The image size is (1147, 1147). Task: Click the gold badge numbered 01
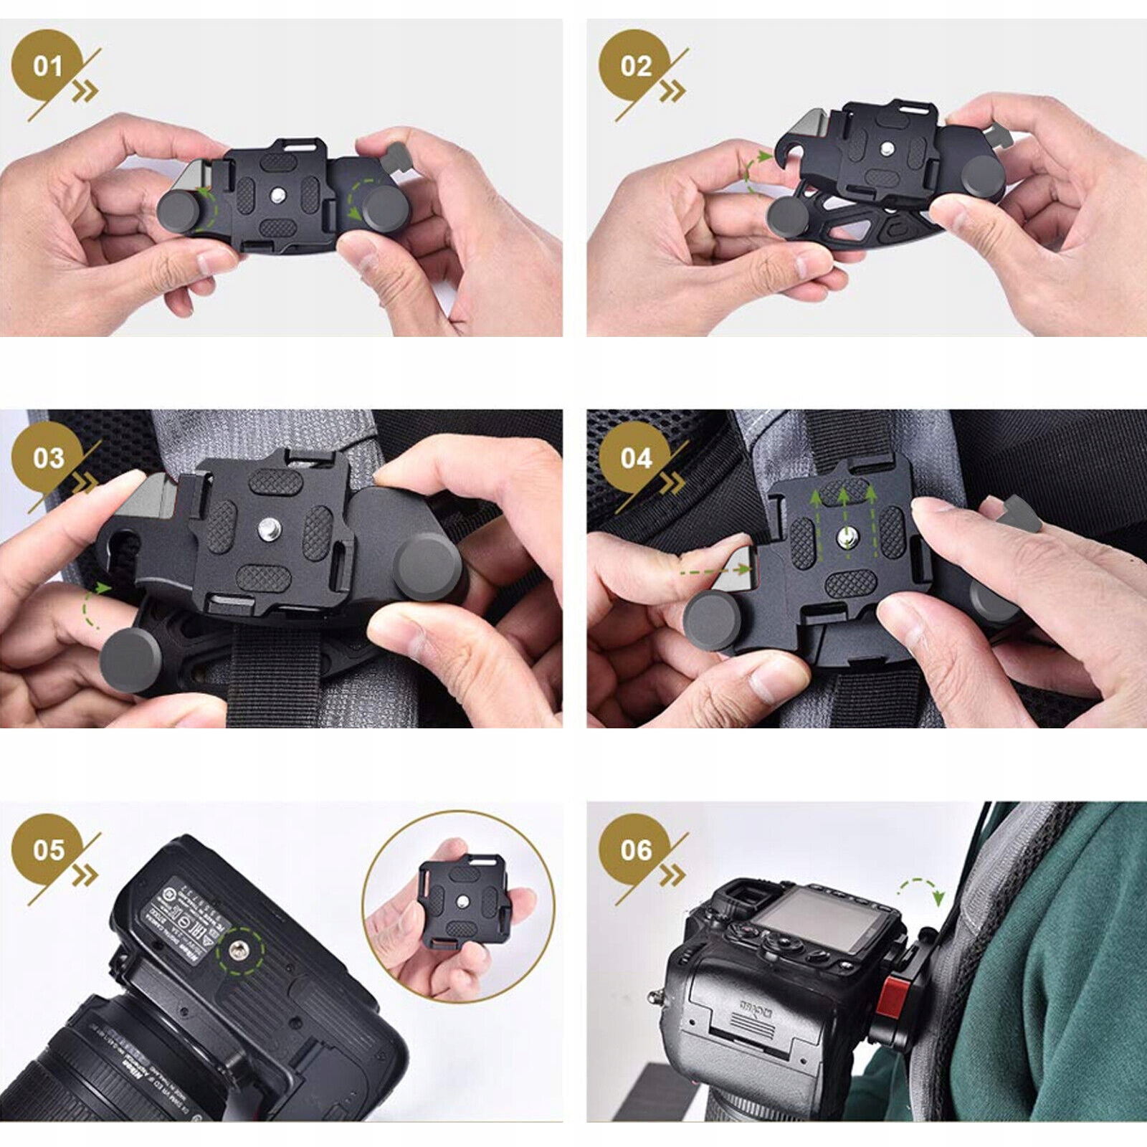(x=47, y=66)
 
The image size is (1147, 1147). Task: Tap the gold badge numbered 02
(x=635, y=66)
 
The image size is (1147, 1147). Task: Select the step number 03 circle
(x=47, y=457)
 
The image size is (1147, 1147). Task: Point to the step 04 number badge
(x=635, y=457)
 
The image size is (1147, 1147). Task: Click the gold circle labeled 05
(x=47, y=849)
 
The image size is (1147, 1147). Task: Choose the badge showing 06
(x=635, y=849)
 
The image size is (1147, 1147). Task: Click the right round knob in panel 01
(x=384, y=208)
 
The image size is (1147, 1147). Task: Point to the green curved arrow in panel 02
(x=753, y=172)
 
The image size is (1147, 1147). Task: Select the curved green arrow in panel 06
(x=921, y=890)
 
